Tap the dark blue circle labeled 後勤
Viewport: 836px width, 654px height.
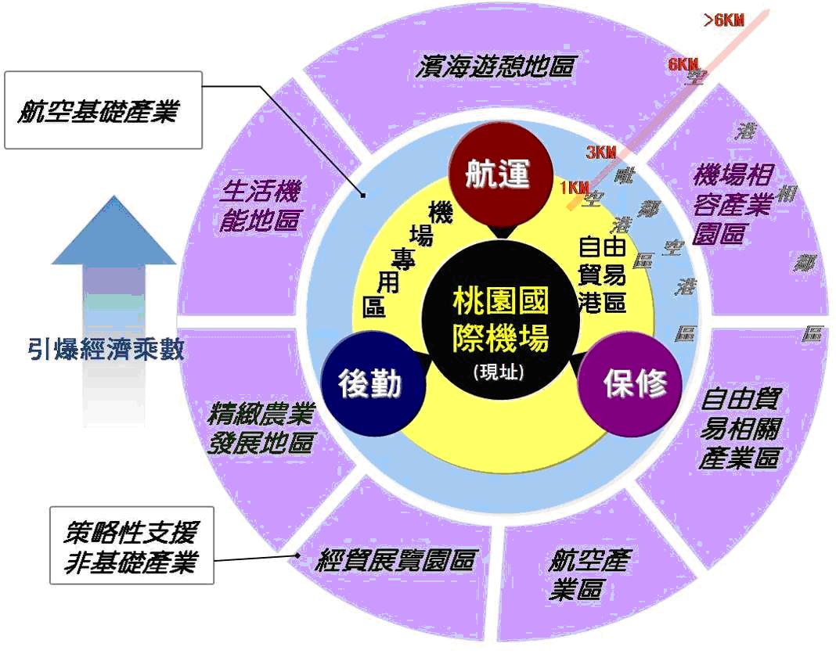pyautogui.click(x=370, y=383)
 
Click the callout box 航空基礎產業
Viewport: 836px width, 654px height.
pyautogui.click(x=103, y=111)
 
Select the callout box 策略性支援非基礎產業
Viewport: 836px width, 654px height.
pyautogui.click(x=131, y=546)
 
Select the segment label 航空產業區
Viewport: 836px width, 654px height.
pyautogui.click(x=587, y=574)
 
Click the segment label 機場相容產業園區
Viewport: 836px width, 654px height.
pyautogui.click(x=732, y=203)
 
